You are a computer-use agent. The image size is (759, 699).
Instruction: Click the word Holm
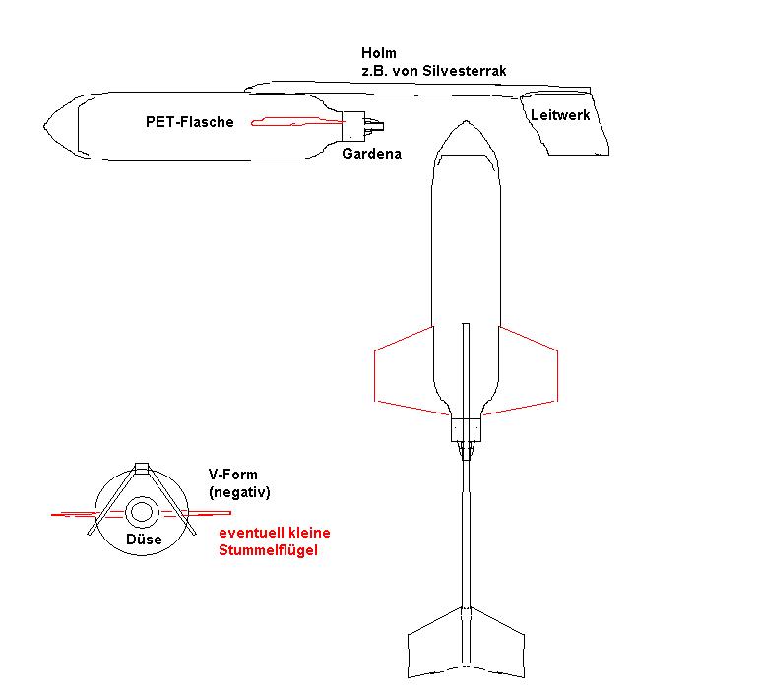tap(380, 54)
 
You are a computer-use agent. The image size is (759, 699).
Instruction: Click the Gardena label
tap(371, 154)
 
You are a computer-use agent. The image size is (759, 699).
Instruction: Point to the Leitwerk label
tap(558, 115)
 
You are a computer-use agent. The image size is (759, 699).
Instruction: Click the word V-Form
tap(232, 474)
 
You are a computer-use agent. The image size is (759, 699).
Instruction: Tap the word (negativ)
tap(239, 491)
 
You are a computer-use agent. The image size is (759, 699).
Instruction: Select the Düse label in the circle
tap(143, 540)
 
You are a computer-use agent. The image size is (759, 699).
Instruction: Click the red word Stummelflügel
tap(269, 550)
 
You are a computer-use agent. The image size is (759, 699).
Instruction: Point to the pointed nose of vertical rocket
tap(465, 127)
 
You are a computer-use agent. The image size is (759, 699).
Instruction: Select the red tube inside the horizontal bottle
tap(296, 122)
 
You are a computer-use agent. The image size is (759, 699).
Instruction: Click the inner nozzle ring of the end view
tap(142, 512)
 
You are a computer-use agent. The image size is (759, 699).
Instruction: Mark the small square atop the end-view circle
tap(142, 468)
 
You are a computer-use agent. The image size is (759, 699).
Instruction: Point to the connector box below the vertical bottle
tap(466, 429)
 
